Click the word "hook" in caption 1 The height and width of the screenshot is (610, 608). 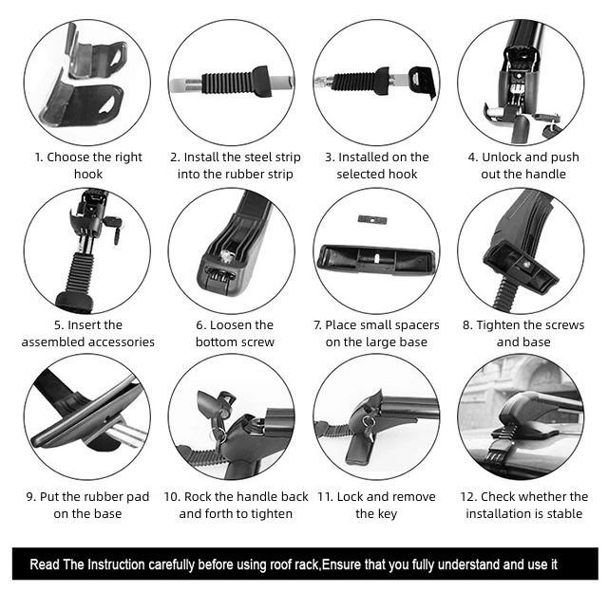(88, 174)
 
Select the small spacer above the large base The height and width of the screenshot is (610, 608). (372, 220)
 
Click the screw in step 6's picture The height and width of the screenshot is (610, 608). (225, 255)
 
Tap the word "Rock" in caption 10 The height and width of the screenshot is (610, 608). (198, 497)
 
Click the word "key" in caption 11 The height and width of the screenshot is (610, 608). (388, 514)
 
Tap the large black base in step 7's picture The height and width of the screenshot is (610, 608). (376, 260)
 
